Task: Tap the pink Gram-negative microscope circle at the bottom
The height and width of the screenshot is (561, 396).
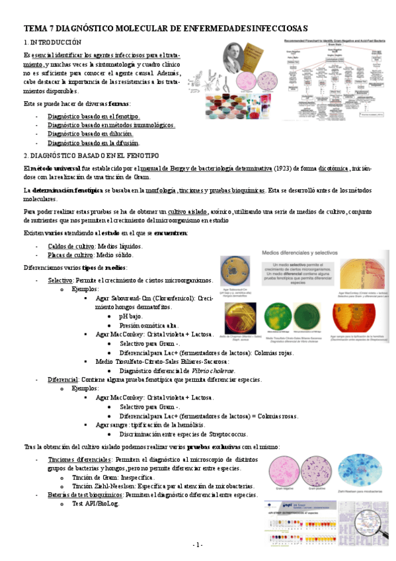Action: [x=285, y=472]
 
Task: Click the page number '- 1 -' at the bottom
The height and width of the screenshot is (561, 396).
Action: [x=197, y=544]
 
